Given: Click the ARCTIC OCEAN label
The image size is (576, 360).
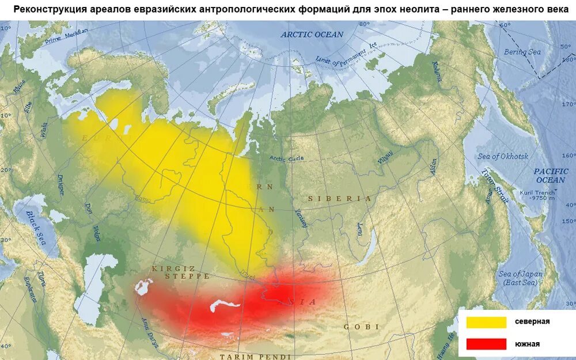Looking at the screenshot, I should tap(312, 35).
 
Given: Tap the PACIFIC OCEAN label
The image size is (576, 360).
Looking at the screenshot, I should tap(551, 176).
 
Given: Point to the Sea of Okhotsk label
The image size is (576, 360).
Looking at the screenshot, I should tap(503, 157).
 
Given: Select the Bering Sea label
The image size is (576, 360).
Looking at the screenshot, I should tap(522, 52).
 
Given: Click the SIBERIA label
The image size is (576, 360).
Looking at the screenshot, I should tap(339, 198).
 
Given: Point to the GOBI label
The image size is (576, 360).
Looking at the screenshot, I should tap(361, 327).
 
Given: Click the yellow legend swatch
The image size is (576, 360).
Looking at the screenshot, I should tap(486, 322).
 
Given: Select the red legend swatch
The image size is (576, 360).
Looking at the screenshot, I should tap(486, 344).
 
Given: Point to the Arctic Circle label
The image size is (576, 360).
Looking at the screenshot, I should tap(286, 159).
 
